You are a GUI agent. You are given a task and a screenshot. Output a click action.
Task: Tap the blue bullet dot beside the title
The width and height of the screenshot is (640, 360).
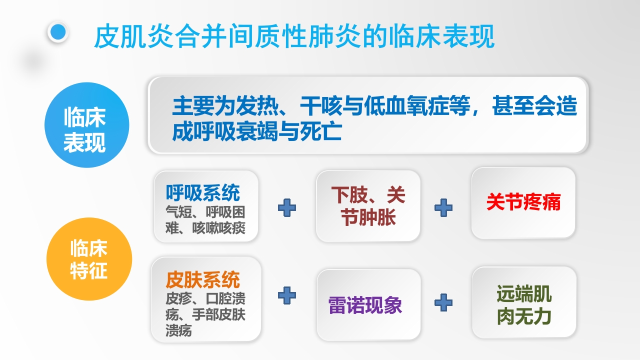(x=58, y=32)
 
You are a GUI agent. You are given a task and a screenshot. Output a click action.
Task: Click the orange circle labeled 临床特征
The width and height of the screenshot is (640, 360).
(x=89, y=258)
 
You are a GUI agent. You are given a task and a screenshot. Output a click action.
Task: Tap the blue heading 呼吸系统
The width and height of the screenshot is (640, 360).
(x=203, y=192)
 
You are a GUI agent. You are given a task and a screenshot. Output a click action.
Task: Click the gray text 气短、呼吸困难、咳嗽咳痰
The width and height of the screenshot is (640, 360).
(x=205, y=220)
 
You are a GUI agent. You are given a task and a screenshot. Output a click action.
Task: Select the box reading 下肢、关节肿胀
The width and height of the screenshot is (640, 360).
(x=368, y=206)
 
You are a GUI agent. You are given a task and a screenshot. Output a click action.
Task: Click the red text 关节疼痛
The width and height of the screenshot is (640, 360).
(x=523, y=202)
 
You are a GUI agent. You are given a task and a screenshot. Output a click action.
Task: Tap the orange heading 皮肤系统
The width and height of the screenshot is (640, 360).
(x=203, y=280)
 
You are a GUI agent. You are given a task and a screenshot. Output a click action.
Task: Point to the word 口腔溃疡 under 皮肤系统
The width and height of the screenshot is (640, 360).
(x=225, y=299)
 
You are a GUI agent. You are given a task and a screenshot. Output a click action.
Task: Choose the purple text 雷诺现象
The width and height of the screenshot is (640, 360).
(x=365, y=305)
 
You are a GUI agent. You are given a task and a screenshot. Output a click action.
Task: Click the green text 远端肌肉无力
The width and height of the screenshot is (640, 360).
(x=524, y=305)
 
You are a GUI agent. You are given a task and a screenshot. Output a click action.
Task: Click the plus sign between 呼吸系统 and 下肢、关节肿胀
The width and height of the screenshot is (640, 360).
(x=287, y=207)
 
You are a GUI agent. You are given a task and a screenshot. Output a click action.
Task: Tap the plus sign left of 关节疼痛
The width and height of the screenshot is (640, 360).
(x=443, y=207)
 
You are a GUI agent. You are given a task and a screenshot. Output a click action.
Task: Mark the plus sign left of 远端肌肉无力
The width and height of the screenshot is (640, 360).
(x=443, y=301)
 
